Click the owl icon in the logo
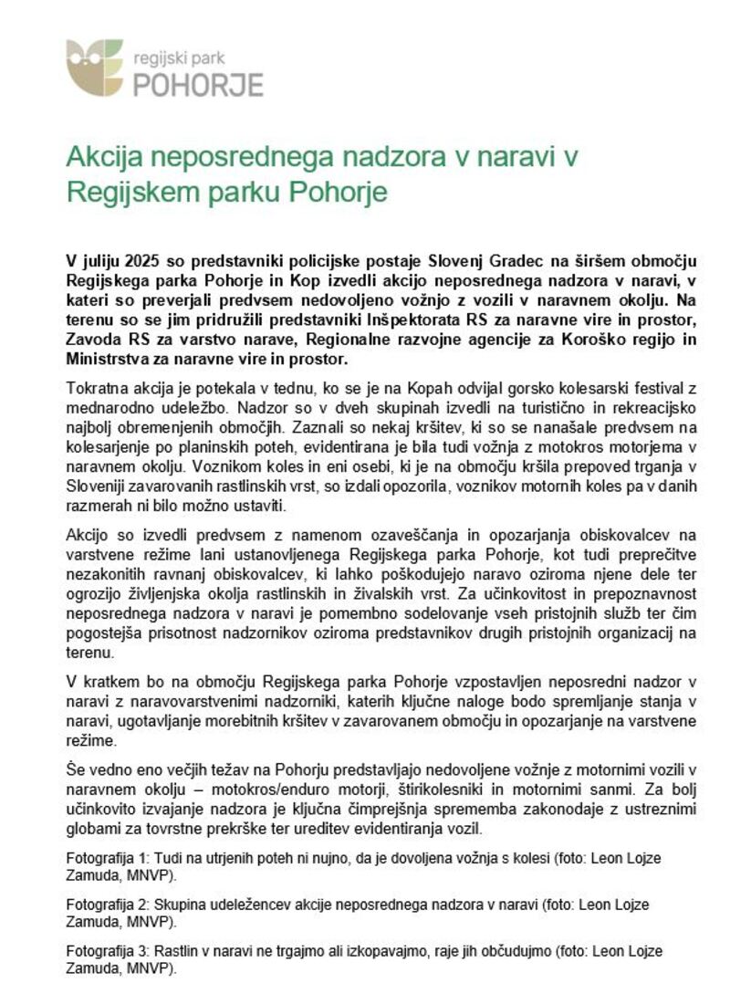coord(94,67)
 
